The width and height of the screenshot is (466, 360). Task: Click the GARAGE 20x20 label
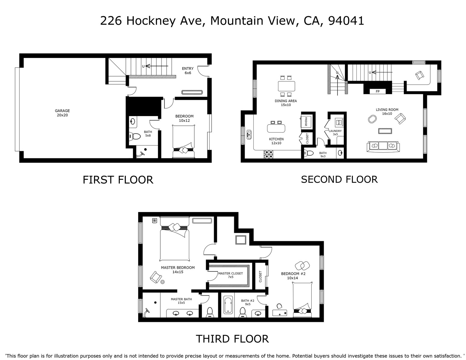point(62,113)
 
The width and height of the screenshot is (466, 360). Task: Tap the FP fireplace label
point(378,91)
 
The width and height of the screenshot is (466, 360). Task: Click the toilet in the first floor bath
point(135,136)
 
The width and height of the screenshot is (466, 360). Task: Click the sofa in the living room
point(383,147)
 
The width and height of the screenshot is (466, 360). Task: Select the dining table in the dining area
point(286,86)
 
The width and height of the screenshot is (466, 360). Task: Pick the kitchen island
point(276,128)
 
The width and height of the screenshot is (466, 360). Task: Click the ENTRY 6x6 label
point(188,71)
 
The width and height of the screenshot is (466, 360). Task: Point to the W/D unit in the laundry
point(339,122)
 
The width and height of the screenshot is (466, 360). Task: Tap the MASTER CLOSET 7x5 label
point(231,275)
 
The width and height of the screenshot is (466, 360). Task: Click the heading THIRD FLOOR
point(232,339)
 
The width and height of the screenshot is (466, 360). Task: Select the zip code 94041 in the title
point(346,21)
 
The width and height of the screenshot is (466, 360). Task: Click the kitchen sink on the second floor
point(249,134)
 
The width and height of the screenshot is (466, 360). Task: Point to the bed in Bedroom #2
point(302,300)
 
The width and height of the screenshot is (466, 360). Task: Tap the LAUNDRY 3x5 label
point(335,133)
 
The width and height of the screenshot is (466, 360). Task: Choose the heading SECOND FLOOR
point(339,179)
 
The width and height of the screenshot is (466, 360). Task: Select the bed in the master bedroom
point(174,239)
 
